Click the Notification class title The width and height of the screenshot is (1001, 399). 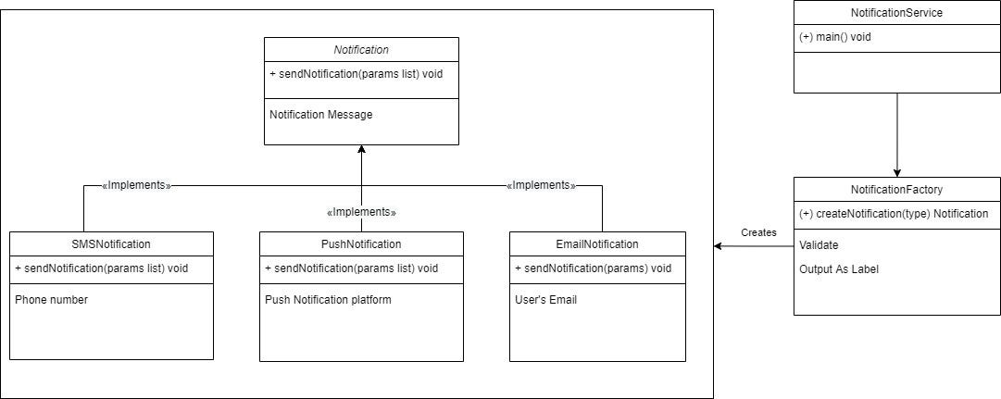point(361,49)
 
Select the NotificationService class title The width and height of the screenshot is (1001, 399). point(896,13)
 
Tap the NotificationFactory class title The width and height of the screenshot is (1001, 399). point(896,189)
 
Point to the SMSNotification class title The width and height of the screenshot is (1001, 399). point(111,243)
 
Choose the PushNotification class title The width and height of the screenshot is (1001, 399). point(361,243)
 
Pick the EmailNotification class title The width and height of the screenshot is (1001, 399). point(597,243)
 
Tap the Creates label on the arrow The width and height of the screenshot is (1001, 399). point(758,232)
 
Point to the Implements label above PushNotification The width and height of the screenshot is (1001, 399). point(361,212)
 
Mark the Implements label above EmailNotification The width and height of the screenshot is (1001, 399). point(541,185)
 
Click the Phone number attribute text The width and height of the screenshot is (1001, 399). point(51,300)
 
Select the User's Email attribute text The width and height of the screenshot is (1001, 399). point(545,300)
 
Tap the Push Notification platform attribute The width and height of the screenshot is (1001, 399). point(328,300)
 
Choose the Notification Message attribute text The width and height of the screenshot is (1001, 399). point(320,115)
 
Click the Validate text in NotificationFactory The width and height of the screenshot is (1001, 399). point(819,245)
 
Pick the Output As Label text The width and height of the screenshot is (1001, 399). point(839,268)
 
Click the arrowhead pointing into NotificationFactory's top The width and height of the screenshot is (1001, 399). point(896,172)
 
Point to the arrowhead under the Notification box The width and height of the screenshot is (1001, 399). point(361,150)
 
